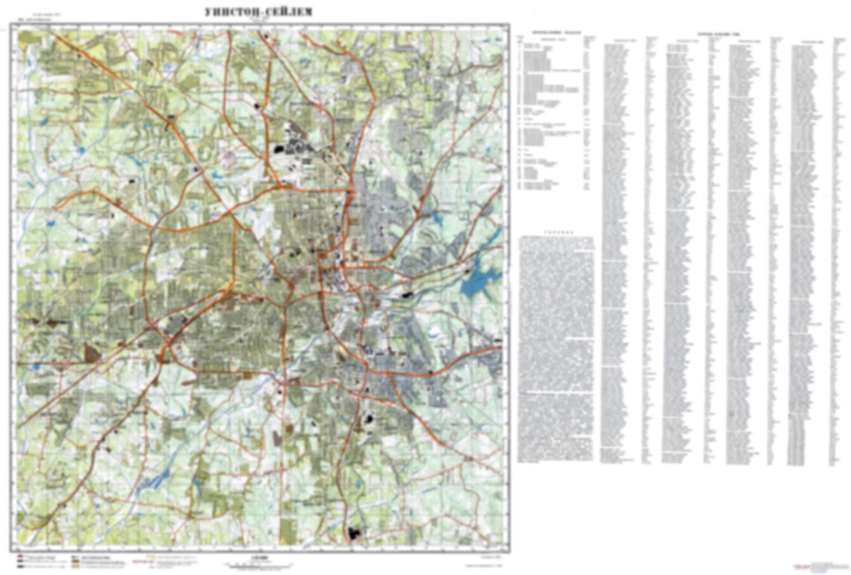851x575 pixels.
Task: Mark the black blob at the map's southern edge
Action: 355,534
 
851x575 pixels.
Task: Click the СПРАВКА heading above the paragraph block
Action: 556,233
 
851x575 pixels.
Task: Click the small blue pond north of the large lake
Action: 436,217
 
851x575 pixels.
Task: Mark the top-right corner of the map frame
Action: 509,25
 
